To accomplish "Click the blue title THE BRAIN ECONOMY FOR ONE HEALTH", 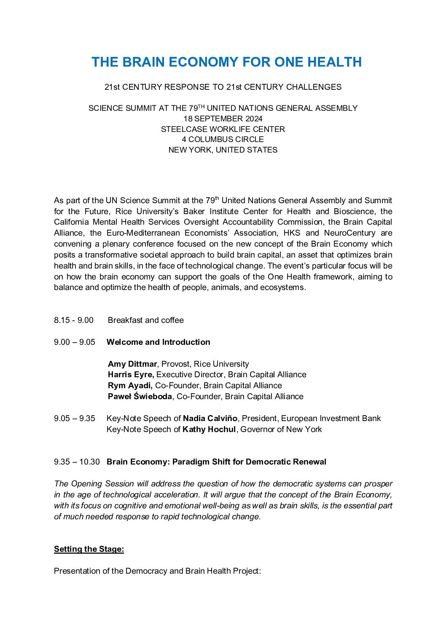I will pos(226,62).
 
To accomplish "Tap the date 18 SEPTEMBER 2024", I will pos(223,119).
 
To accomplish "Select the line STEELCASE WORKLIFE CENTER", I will pos(223,129).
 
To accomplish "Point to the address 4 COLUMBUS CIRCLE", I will pos(223,140).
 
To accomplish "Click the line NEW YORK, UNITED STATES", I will pos(223,150).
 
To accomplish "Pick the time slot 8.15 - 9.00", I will pos(74,320).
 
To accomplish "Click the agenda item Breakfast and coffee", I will pos(145,320).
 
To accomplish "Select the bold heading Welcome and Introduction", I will pos(158,342).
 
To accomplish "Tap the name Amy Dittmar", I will pos(132,364).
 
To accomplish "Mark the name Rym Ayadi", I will pos(130,386).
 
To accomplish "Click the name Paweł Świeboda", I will pos(140,397).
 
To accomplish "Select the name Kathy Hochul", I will pos(209,430).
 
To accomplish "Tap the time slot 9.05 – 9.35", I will pos(75,419).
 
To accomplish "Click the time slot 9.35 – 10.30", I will pos(77,462).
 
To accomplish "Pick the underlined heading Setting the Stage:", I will pos(89,549).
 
